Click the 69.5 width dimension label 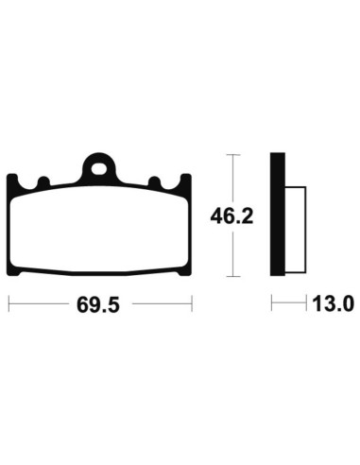[100, 305]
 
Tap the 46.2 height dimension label [233, 215]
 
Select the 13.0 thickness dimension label [333, 305]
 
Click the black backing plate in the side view [278, 215]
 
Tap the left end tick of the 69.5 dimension [9, 304]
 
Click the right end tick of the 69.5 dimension [193, 304]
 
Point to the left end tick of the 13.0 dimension [272, 304]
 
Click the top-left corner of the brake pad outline [10, 177]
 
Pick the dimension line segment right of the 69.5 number [161, 304]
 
